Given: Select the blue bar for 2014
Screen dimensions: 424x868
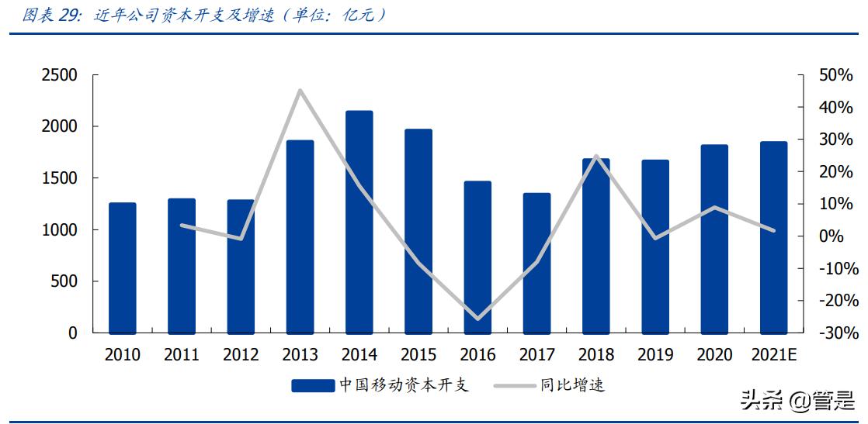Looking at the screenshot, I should pyautogui.click(x=359, y=222).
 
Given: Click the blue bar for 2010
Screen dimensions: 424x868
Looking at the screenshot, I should pyautogui.click(x=123, y=267).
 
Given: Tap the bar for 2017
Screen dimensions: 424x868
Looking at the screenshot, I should pyautogui.click(x=537, y=263).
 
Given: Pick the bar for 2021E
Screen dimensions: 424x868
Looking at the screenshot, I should pyautogui.click(x=773, y=237).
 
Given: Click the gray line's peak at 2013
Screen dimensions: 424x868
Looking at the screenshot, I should pyautogui.click(x=300, y=91).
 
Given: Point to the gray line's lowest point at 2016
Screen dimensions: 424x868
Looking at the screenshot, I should pyautogui.click(x=477, y=319).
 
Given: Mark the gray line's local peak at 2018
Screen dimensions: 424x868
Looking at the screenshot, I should pyautogui.click(x=596, y=156).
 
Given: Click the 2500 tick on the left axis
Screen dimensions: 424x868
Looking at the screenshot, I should pyautogui.click(x=60, y=75).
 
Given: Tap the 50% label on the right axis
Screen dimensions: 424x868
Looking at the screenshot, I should pyautogui.click(x=835, y=75).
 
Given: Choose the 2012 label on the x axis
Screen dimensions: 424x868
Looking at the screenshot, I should pyautogui.click(x=241, y=355).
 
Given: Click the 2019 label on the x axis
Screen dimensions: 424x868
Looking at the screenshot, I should pyautogui.click(x=655, y=355).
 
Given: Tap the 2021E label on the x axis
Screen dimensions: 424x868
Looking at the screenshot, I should pyautogui.click(x=773, y=355).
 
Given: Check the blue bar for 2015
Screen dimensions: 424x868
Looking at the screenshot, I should pyautogui.click(x=418, y=231).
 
